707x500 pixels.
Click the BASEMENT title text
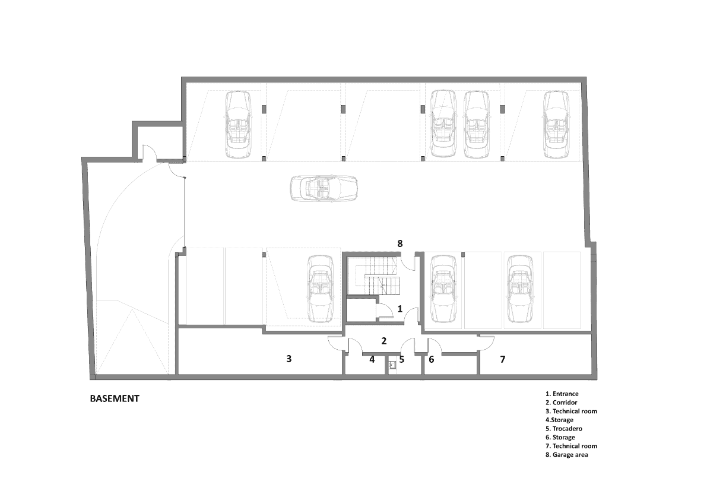pos(115,398)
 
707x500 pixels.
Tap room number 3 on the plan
pos(289,359)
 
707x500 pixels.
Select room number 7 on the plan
pos(502,359)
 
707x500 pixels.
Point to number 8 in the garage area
pos(400,243)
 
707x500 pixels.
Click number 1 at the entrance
pos(400,309)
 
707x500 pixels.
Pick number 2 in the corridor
pos(384,341)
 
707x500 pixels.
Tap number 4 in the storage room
pos(372,359)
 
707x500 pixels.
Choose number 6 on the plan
pos(432,359)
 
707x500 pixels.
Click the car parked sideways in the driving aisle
pos(324,188)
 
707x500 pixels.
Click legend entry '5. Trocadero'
pos(563,429)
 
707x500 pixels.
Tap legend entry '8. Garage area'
pos(566,455)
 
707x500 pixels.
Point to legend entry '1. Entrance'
pos(562,394)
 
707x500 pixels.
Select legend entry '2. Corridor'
pos(561,403)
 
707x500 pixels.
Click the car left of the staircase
pos(320,289)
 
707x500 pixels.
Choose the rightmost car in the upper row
pos(556,124)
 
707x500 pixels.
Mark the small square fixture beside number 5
pos(392,365)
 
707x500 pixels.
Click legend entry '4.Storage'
pos(559,420)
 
